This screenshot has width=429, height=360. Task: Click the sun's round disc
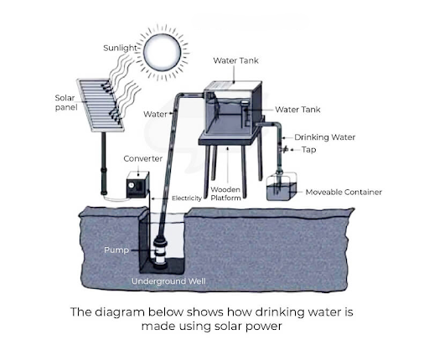pos(162,53)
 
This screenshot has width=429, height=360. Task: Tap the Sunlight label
pos(120,48)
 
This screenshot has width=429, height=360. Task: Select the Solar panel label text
pos(66,102)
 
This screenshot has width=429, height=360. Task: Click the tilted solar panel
pos(101,105)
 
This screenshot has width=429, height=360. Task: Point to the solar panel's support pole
pos(104,163)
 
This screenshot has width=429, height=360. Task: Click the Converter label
pos(142,159)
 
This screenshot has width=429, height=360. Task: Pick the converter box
pos(137,185)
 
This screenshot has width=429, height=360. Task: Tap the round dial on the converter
pos(131,185)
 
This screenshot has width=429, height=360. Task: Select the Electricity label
pos(187,198)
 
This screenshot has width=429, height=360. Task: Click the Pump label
pos(116,249)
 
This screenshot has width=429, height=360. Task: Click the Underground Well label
pos(168,281)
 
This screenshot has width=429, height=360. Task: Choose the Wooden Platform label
pos(225,193)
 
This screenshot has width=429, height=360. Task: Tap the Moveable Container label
pos(344,192)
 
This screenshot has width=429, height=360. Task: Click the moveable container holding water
pos(282,187)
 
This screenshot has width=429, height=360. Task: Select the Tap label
pos(308,150)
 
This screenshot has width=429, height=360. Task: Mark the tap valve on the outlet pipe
pos(284,150)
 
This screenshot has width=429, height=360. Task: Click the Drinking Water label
pos(324,137)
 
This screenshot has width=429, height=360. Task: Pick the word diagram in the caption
pos(120,312)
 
